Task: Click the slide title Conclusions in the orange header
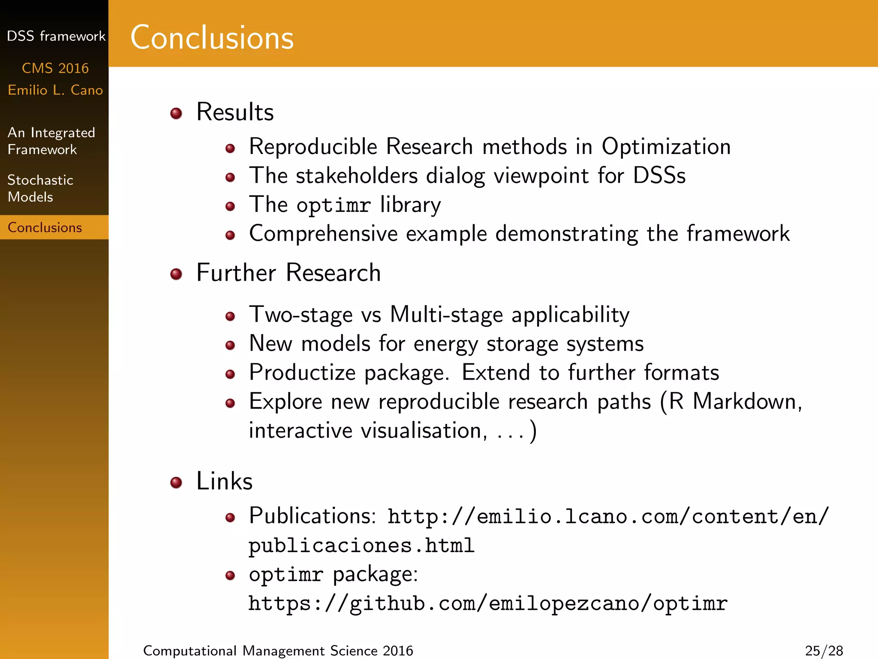tap(212, 38)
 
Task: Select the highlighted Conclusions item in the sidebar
tap(45, 227)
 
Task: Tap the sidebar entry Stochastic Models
tap(40, 188)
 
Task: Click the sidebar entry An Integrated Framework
tap(51, 141)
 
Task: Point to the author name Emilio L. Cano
tap(55, 90)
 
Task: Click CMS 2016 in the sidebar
tap(55, 68)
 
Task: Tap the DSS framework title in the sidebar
tap(56, 36)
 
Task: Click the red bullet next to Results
tap(176, 113)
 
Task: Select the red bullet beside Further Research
tap(176, 274)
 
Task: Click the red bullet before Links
tap(176, 482)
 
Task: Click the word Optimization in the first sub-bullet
tap(666, 147)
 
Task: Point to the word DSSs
tap(659, 176)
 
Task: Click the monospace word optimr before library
tap(333, 205)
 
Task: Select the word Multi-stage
tap(446, 315)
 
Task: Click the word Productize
tap(302, 372)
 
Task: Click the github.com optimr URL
tap(488, 603)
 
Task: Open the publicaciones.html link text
tap(361, 546)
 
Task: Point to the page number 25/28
tap(824, 650)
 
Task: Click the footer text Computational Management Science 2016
tap(278, 650)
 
